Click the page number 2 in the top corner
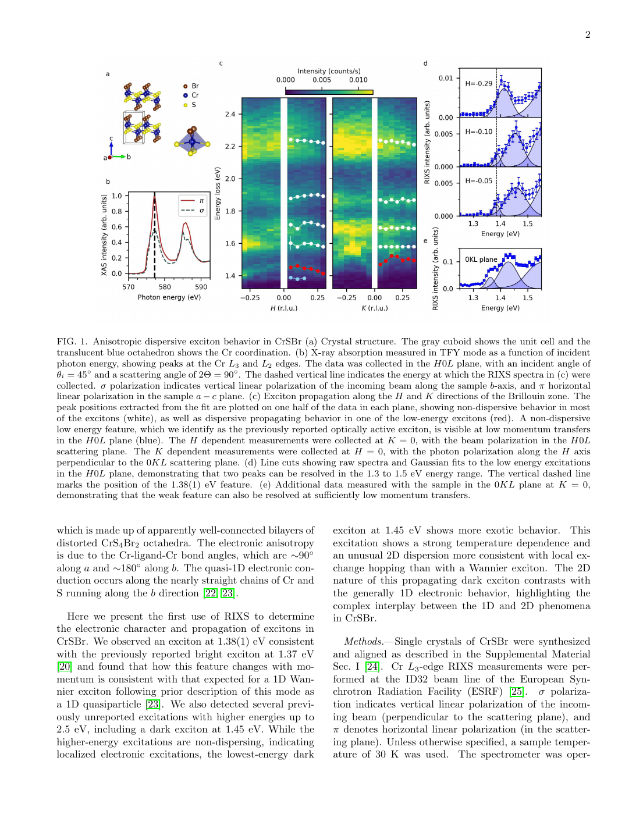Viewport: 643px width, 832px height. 588,35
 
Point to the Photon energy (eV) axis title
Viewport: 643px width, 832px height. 169,297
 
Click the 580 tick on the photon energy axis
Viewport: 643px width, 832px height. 165,287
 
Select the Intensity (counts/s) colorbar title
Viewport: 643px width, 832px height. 329,71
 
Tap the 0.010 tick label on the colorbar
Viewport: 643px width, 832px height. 358,80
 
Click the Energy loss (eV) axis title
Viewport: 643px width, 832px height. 218,194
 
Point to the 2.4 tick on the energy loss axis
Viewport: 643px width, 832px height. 230,114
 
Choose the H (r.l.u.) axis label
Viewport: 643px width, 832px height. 284,308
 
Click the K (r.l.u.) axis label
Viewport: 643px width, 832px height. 375,308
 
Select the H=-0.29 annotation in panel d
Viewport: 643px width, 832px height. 478,84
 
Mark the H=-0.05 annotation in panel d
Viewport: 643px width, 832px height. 478,181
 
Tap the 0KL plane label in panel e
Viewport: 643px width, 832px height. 481,259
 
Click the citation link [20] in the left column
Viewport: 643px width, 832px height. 64,667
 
